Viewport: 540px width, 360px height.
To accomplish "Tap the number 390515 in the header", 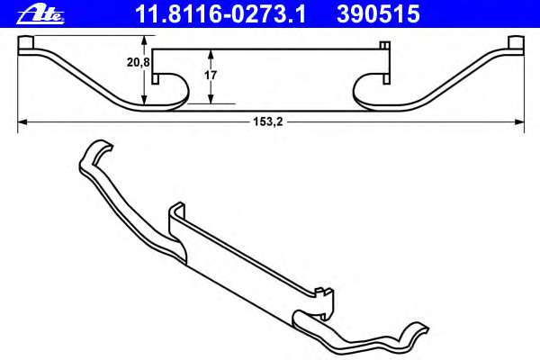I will click(x=379, y=13).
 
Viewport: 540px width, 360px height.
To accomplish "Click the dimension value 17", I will click(x=210, y=76).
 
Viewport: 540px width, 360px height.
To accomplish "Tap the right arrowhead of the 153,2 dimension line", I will click(x=520, y=121).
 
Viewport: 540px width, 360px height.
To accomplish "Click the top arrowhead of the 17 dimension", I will click(x=210, y=51).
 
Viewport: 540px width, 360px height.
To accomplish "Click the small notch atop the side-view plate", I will click(x=384, y=46).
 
